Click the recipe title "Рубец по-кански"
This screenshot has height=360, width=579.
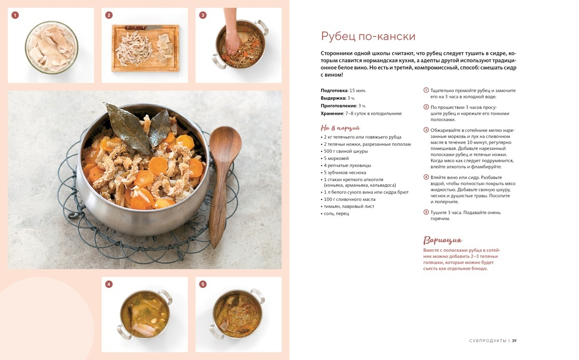pos(368,36)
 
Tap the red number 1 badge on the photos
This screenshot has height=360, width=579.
pos(15,15)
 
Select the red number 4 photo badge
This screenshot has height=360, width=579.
pos(108,284)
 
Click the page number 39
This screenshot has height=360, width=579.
pos(514,341)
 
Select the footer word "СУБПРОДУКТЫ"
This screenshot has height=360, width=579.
pos(487,341)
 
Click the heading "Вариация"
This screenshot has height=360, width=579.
pos(442,241)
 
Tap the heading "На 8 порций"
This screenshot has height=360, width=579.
pos(340,128)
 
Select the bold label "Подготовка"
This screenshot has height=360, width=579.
pos(334,91)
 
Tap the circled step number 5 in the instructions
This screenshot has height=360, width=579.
pos(426,212)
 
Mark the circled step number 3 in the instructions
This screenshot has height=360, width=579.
pos(426,130)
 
